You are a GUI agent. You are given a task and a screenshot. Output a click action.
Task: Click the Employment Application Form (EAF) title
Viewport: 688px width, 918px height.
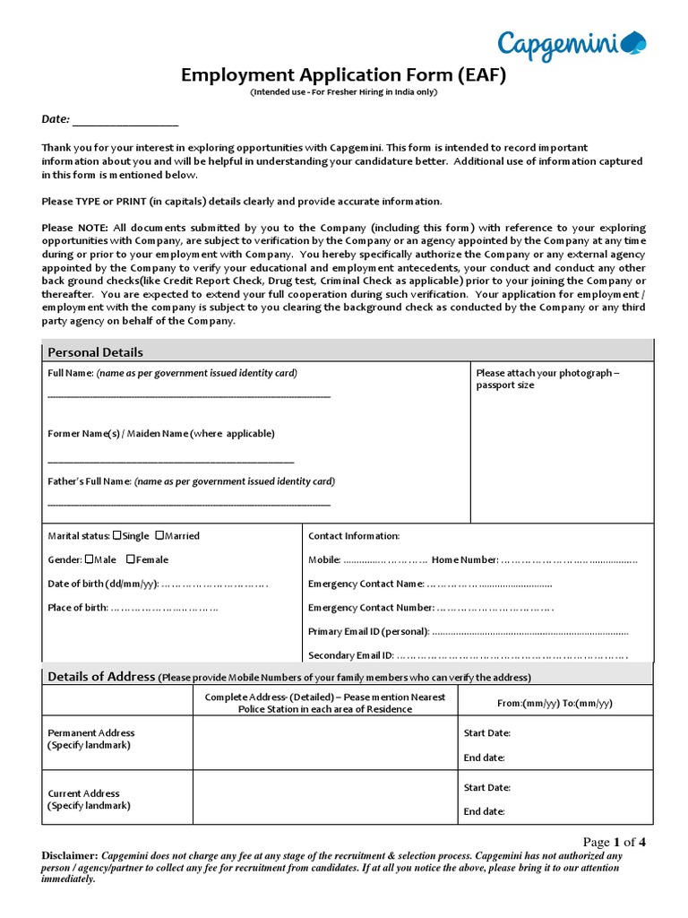tap(344, 75)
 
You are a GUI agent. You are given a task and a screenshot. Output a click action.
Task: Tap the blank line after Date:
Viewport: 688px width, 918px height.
tap(125, 121)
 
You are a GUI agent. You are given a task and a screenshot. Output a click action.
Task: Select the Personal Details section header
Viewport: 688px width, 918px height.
tap(95, 352)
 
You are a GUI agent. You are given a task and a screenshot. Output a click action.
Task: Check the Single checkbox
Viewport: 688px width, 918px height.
tap(117, 535)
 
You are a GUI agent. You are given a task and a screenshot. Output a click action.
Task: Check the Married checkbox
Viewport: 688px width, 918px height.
tap(159, 535)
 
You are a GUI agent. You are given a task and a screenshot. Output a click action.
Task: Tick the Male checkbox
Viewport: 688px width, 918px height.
tap(89, 559)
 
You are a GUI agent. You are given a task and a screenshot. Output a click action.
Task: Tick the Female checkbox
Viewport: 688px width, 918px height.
tap(131, 559)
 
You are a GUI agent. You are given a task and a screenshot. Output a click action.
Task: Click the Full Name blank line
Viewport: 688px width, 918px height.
tap(188, 395)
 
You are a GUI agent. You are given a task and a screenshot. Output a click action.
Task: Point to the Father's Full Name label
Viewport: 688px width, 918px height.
tap(90, 481)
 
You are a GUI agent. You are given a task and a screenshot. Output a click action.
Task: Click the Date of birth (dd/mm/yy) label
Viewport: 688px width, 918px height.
tap(103, 584)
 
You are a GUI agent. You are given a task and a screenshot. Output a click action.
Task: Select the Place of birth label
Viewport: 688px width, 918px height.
tap(77, 608)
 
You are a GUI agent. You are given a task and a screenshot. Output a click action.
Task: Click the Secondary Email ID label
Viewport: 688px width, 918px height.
tap(350, 655)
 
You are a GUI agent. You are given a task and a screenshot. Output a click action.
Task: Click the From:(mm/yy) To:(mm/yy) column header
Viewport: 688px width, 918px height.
tap(555, 703)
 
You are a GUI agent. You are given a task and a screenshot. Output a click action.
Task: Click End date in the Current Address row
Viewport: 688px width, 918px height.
tap(484, 811)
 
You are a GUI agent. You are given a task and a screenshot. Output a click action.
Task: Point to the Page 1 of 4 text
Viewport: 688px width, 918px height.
tap(615, 842)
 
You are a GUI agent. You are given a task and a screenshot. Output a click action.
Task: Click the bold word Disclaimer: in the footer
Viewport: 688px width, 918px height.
tap(69, 855)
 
